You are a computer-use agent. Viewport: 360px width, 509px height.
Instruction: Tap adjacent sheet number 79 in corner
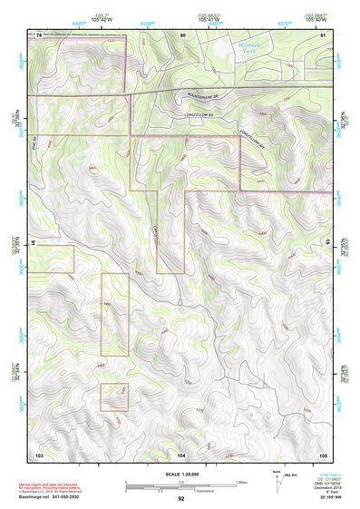click(39, 34)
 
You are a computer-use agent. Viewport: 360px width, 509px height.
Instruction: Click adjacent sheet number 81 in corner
click(323, 34)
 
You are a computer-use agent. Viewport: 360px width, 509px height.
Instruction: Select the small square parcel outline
click(114, 397)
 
